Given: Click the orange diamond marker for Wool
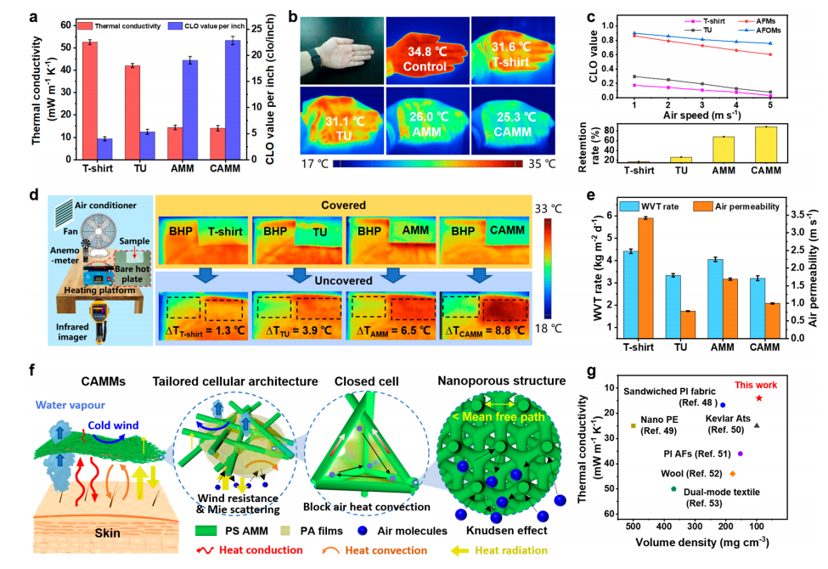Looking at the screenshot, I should click(x=732, y=473).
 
